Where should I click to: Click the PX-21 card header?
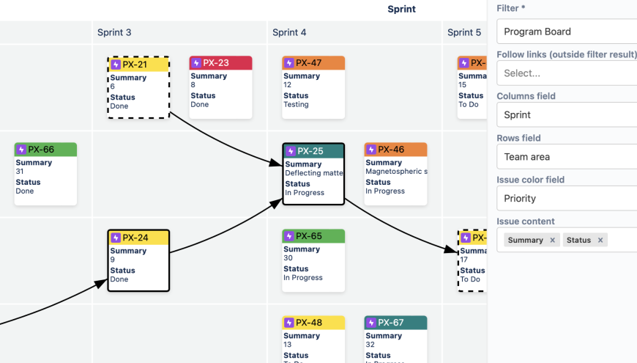138,65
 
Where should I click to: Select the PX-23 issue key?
216,63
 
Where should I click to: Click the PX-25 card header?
313,151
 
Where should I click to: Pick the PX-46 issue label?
391,150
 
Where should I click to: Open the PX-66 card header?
45,150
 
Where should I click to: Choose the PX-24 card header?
138,238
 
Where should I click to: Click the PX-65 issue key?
308,236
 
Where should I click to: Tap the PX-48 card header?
313,323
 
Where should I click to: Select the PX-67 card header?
395,323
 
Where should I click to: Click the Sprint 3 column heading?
114,32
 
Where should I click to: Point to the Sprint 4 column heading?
289,32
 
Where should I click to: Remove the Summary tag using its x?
553,241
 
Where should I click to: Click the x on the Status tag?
600,241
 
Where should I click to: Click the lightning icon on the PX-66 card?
21,150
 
